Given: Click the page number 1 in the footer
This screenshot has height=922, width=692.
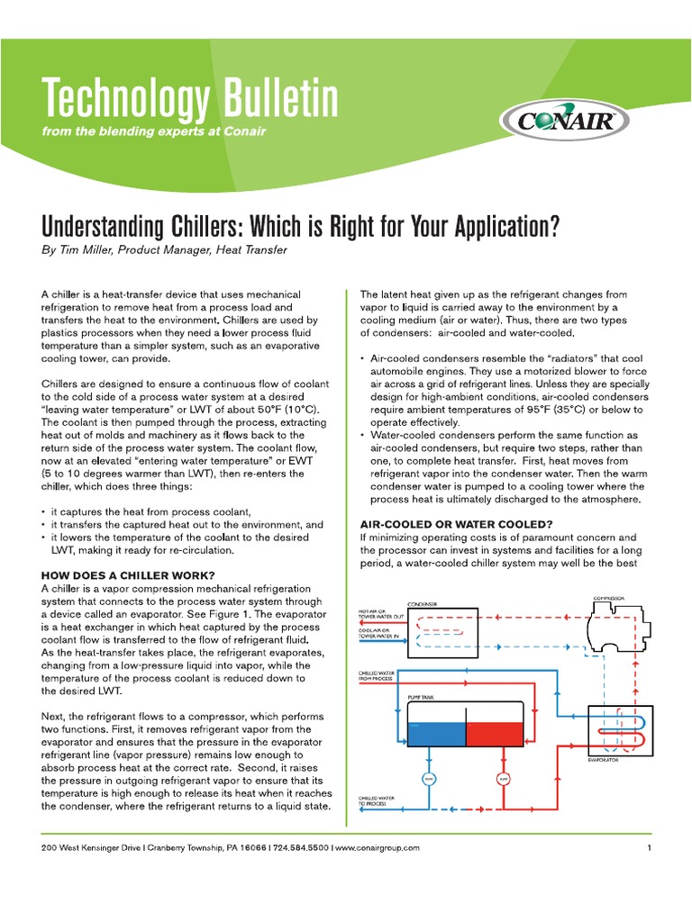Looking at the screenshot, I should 648,847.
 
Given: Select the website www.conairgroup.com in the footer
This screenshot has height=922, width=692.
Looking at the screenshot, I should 378,847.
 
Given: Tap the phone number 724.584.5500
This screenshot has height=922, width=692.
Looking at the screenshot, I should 300,847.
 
